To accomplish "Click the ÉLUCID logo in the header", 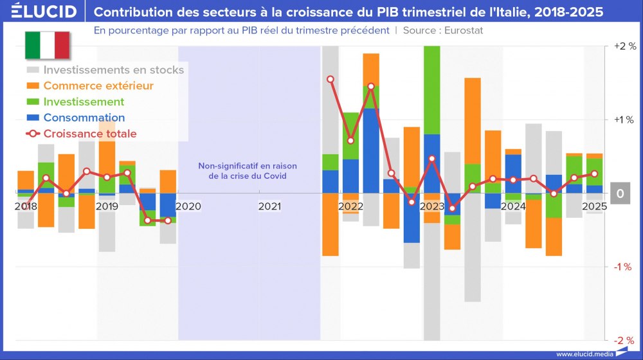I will (x=44, y=12).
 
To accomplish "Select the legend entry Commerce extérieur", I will (x=98, y=85).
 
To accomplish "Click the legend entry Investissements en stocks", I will (x=113, y=69).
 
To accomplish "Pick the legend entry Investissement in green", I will (x=84, y=102).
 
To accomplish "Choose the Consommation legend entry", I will (x=84, y=118).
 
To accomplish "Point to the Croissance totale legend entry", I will (x=89, y=134).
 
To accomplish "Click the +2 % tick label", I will (x=624, y=46).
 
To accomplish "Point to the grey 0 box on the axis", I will (x=620, y=194).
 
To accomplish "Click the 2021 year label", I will (x=270, y=206).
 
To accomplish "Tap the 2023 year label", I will (x=432, y=206).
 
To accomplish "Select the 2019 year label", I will (x=107, y=206).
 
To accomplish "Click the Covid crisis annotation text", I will (x=248, y=170).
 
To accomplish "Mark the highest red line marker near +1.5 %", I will (x=331, y=80).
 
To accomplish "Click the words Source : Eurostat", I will (x=443, y=30).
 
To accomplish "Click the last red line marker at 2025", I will (x=595, y=174).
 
